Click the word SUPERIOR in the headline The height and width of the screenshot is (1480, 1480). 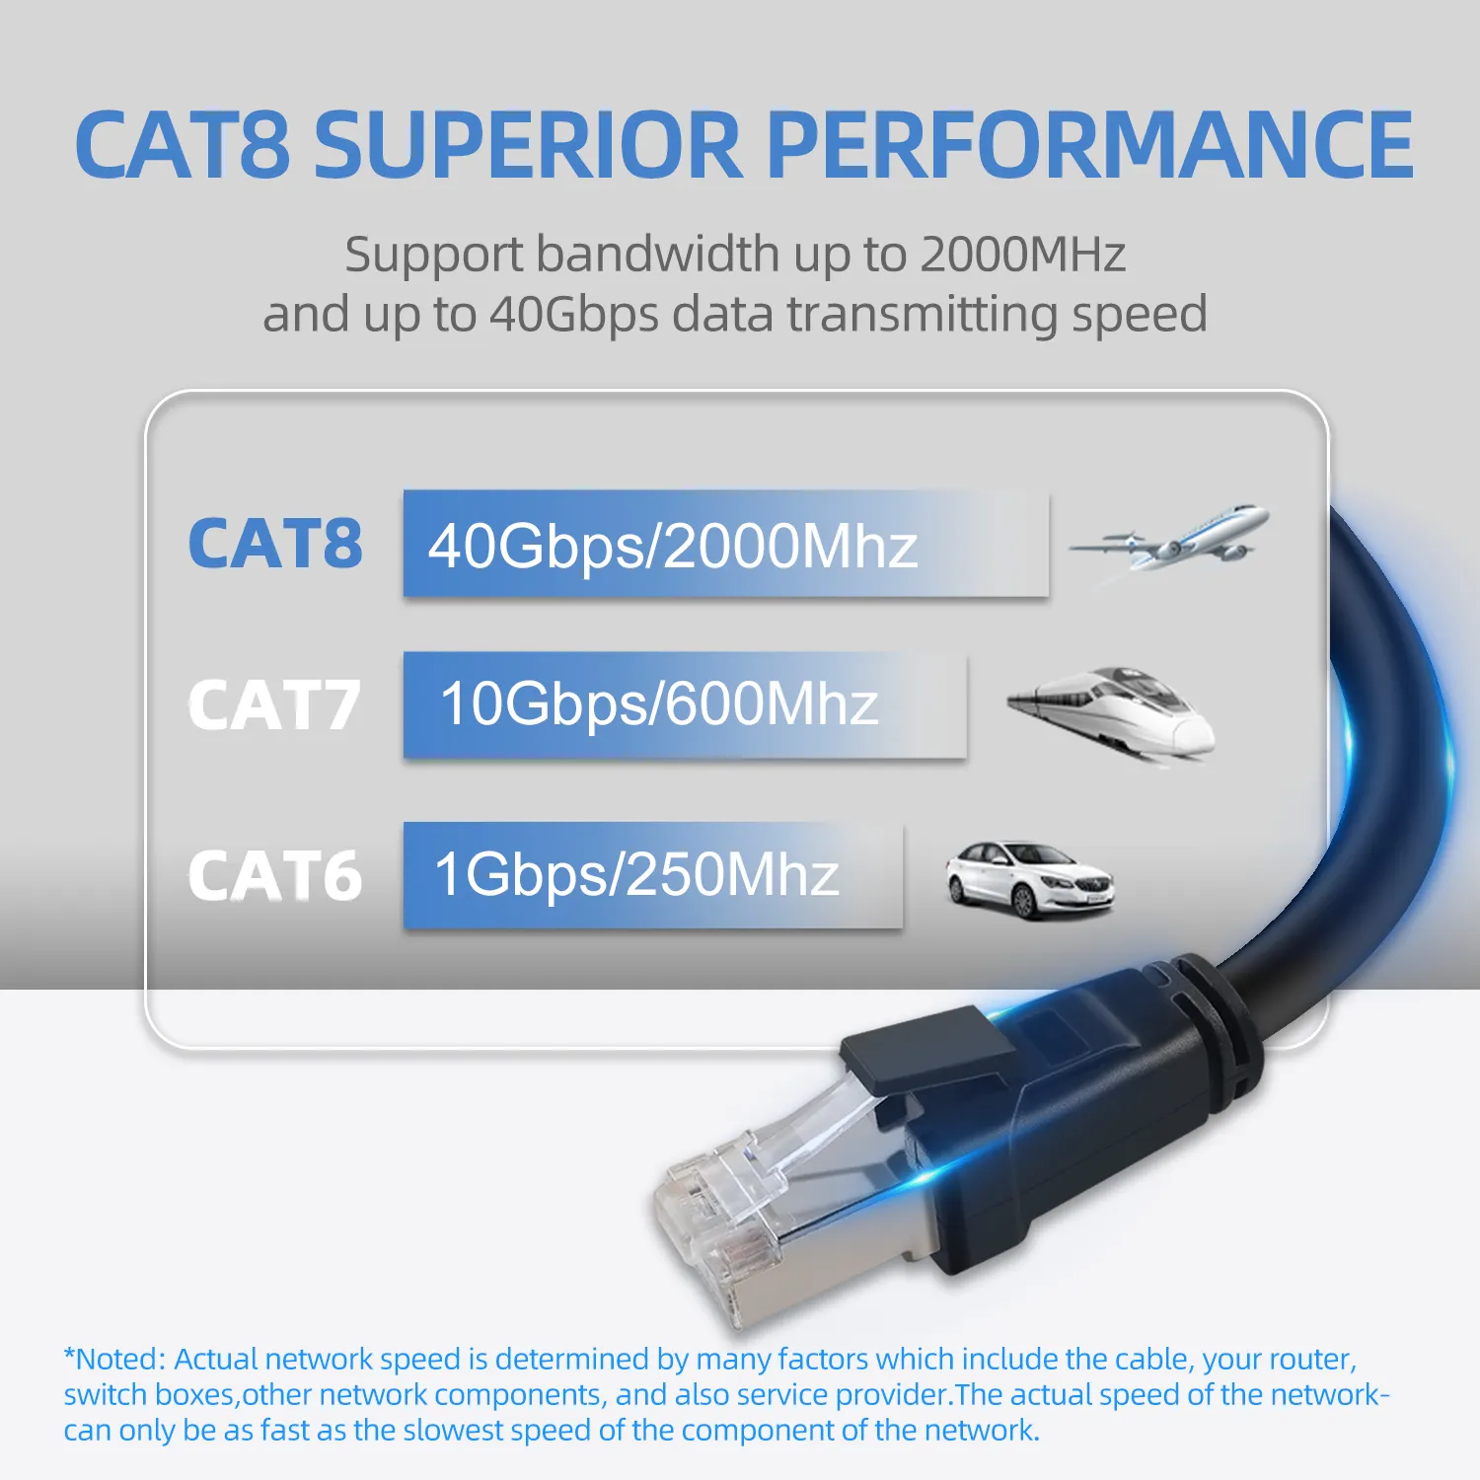(x=527, y=145)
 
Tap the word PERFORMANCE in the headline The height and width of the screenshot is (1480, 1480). (x=1090, y=145)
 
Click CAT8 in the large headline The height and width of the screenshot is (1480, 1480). (x=183, y=145)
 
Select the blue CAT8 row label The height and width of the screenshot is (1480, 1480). (x=275, y=544)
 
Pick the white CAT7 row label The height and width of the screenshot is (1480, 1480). (x=275, y=705)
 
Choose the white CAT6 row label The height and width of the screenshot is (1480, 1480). (x=275, y=876)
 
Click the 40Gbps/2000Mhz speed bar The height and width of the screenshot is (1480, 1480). (x=725, y=544)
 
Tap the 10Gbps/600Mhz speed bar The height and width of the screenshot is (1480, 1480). (x=685, y=704)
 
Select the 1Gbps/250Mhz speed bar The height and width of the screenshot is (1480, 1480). (x=652, y=875)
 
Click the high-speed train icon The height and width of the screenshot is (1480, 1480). (x=1113, y=711)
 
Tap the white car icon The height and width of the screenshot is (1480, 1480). (x=1028, y=879)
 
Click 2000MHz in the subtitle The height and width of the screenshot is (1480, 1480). (x=1022, y=255)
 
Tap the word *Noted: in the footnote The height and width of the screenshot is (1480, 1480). (x=114, y=1359)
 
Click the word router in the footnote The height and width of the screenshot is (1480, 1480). (x=1312, y=1359)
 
